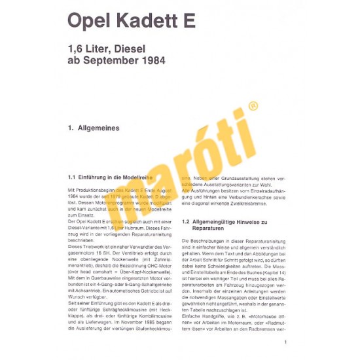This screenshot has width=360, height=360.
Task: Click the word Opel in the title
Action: (89, 20)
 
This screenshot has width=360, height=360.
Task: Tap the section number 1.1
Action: (73, 177)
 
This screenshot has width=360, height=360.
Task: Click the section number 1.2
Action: (186, 223)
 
